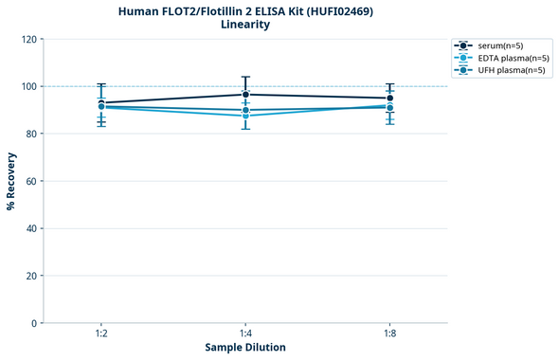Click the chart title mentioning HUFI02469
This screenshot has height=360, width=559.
(x=245, y=11)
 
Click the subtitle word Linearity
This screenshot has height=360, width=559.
(x=245, y=25)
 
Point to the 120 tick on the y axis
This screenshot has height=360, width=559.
(x=28, y=39)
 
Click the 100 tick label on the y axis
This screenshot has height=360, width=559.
(x=28, y=86)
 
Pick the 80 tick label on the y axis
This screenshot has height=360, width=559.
(x=31, y=134)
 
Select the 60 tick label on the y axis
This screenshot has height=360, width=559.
(x=31, y=181)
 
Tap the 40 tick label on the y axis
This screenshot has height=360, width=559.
(x=31, y=228)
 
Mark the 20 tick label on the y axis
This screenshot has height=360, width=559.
(x=31, y=276)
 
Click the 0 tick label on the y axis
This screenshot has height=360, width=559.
(x=34, y=323)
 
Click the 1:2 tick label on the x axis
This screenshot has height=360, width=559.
(x=101, y=333)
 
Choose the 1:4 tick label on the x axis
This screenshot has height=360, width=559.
(x=245, y=333)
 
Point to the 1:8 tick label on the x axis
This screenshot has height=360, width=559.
(x=389, y=333)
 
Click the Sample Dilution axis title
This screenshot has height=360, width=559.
(x=245, y=348)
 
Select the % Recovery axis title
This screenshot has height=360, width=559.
(x=11, y=181)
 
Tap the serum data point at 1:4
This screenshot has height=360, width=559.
(x=245, y=95)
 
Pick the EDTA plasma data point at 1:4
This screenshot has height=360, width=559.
(x=245, y=116)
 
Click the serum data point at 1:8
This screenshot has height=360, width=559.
(x=389, y=99)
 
